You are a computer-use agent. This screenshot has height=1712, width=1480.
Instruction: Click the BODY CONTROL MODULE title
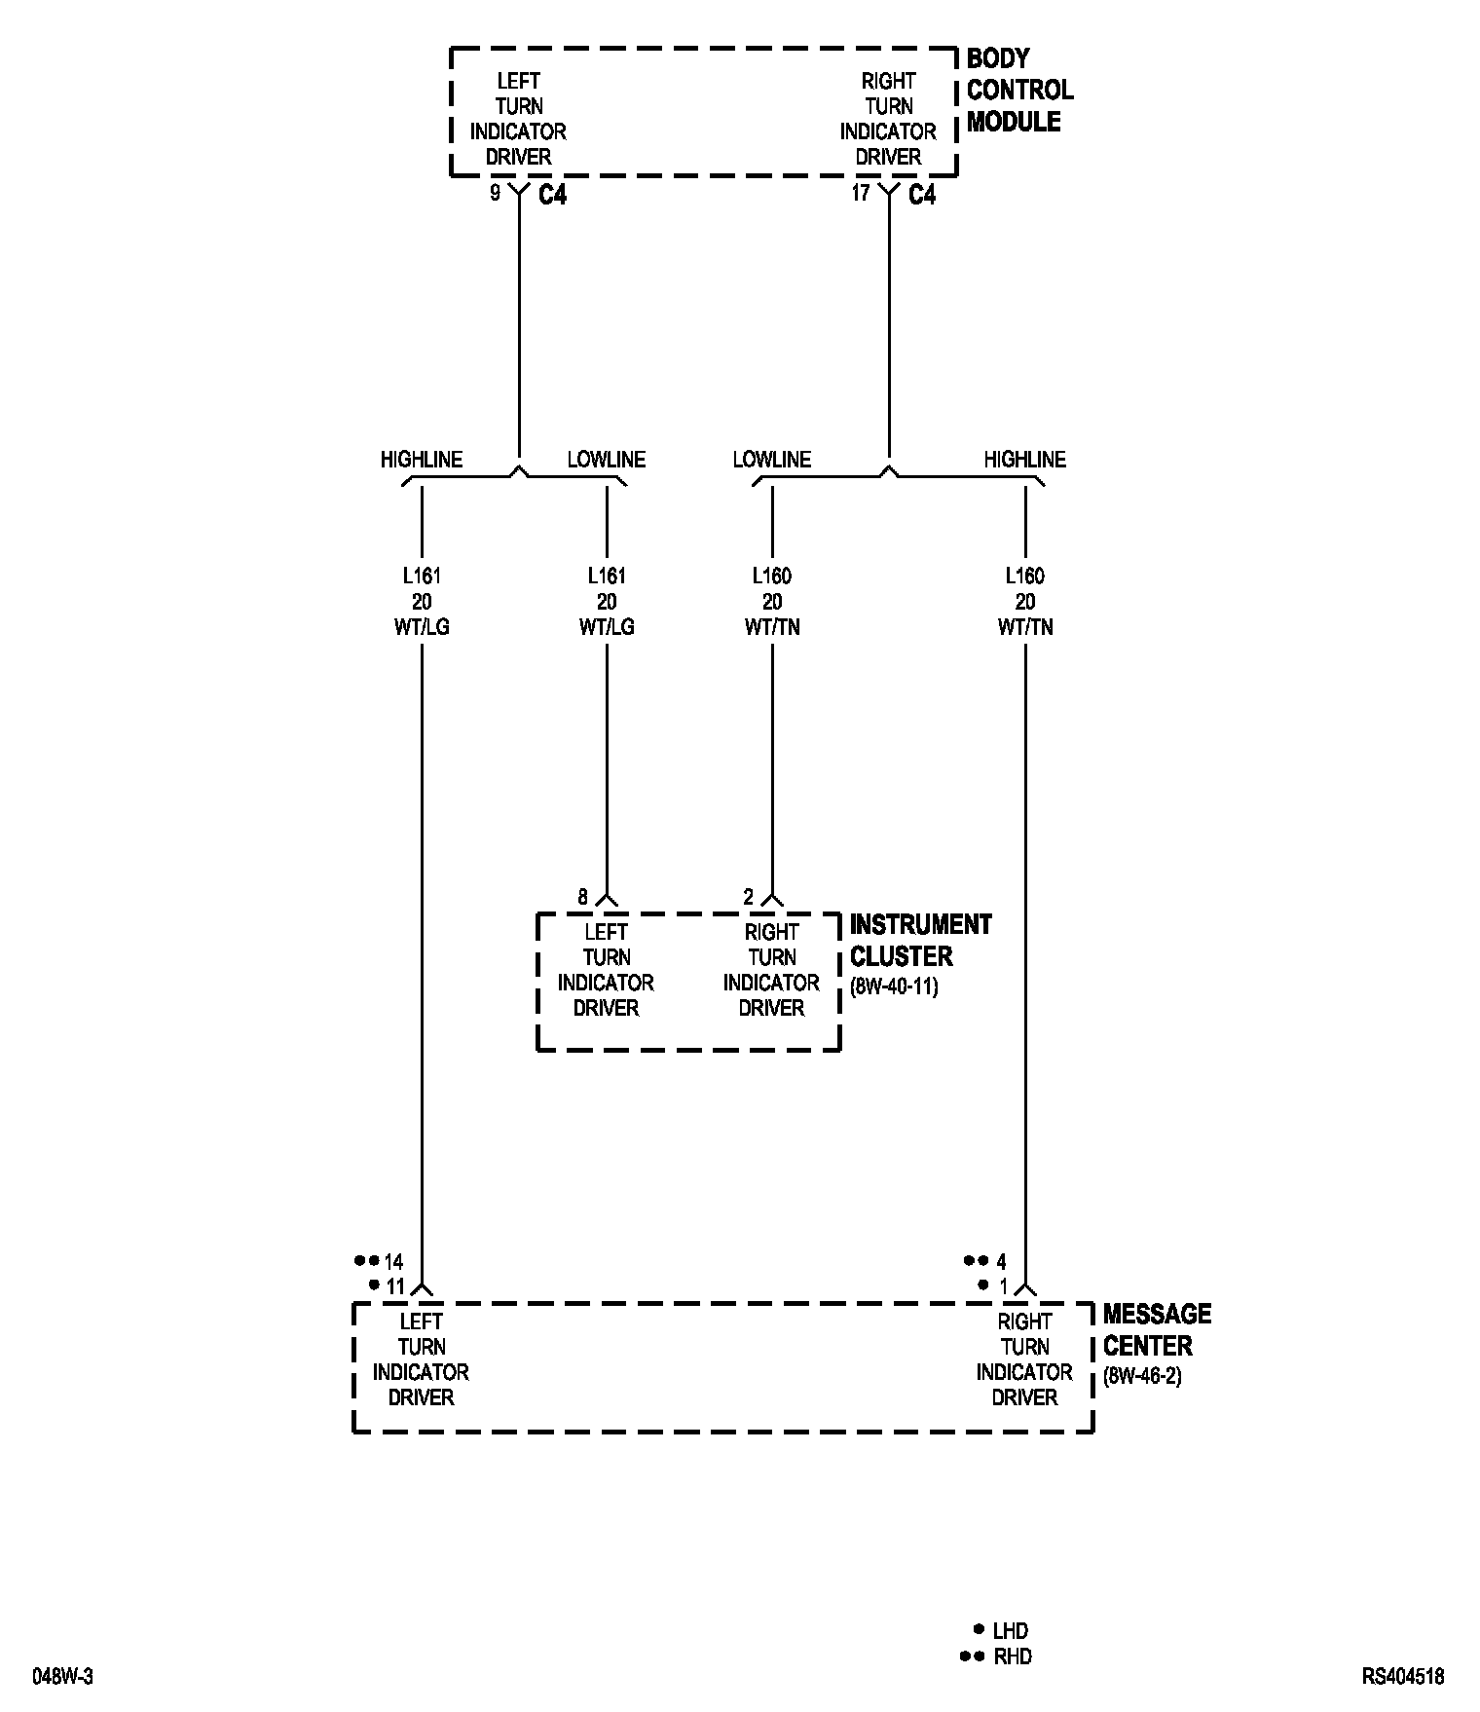click(x=1019, y=91)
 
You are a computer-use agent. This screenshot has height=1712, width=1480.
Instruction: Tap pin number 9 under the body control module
click(x=495, y=193)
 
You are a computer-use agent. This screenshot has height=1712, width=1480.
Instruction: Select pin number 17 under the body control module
click(x=861, y=193)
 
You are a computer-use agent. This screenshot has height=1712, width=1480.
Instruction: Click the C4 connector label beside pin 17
click(x=922, y=195)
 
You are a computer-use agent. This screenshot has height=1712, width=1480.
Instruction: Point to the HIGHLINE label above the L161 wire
click(x=422, y=460)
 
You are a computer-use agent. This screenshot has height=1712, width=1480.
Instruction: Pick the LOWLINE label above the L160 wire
click(x=772, y=460)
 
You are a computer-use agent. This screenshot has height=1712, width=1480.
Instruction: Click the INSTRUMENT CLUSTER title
click(x=920, y=940)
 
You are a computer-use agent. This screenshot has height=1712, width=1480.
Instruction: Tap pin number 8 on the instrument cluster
click(x=583, y=897)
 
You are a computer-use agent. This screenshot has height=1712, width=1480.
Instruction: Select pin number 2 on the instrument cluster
click(x=749, y=897)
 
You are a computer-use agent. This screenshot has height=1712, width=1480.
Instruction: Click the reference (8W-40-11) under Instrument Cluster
click(x=894, y=986)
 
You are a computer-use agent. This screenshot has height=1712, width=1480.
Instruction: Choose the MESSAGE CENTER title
click(x=1157, y=1329)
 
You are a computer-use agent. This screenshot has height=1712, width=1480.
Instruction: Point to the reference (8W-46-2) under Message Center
click(x=1142, y=1377)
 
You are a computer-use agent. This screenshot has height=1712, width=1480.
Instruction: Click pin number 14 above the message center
click(x=393, y=1262)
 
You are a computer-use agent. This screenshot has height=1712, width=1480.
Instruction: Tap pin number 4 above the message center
click(x=1002, y=1262)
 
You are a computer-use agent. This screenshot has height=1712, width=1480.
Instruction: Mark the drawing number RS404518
click(x=1403, y=1677)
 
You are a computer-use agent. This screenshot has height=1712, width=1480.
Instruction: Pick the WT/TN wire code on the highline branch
click(x=1025, y=627)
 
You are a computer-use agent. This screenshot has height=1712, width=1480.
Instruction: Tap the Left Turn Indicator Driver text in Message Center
click(x=421, y=1359)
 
